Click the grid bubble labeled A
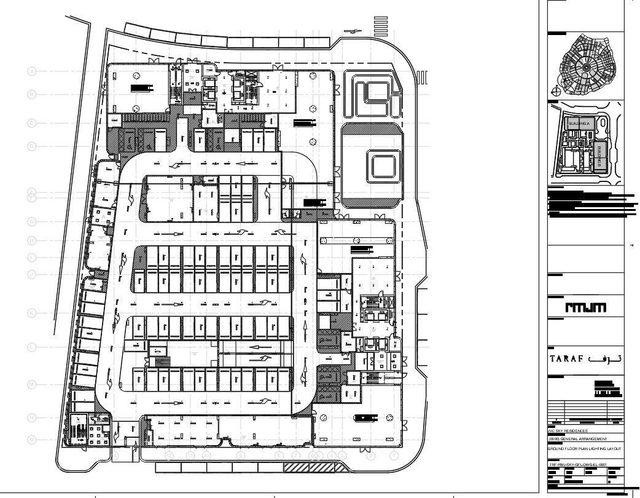click(32, 71)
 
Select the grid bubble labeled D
click(32, 146)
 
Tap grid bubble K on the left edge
click(32, 313)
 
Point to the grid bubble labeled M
click(32, 384)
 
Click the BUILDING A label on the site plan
click(579, 124)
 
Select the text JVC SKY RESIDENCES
click(568, 431)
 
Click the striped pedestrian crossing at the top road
click(381, 26)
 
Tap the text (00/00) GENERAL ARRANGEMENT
click(577, 439)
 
